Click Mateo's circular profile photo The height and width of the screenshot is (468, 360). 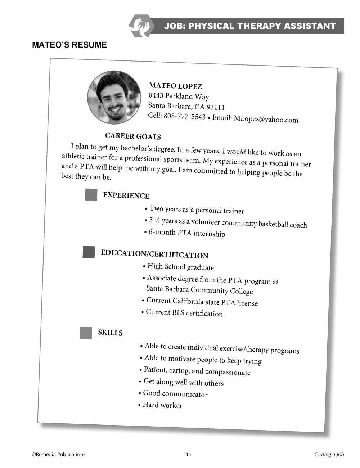pyautogui.click(x=114, y=98)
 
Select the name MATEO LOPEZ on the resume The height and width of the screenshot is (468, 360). pyautogui.click(x=175, y=86)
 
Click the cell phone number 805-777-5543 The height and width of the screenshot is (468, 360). pyautogui.click(x=184, y=116)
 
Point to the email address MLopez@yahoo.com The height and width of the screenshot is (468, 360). pyautogui.click(x=266, y=119)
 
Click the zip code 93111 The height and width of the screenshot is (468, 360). pyautogui.click(x=215, y=107)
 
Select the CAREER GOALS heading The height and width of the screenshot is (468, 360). pyautogui.click(x=133, y=136)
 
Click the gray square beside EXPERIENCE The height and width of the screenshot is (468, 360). pyautogui.click(x=91, y=194)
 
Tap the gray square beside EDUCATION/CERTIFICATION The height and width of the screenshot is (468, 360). pyautogui.click(x=89, y=252)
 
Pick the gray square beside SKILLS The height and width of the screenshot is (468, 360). pyautogui.click(x=86, y=333)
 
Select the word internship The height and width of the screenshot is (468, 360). pyautogui.click(x=209, y=234)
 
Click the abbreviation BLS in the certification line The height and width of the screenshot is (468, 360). pyautogui.click(x=178, y=312)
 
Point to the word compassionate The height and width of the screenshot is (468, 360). pyautogui.click(x=228, y=372)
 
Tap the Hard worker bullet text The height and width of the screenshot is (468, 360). pyautogui.click(x=162, y=405)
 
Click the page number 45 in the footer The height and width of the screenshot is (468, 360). pyautogui.click(x=188, y=454)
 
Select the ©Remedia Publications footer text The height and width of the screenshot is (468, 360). pyautogui.click(x=58, y=454)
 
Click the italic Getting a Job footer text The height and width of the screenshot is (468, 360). pyautogui.click(x=329, y=454)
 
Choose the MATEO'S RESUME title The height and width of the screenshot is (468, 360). pyautogui.click(x=69, y=45)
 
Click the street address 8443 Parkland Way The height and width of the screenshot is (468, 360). pyautogui.click(x=179, y=96)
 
